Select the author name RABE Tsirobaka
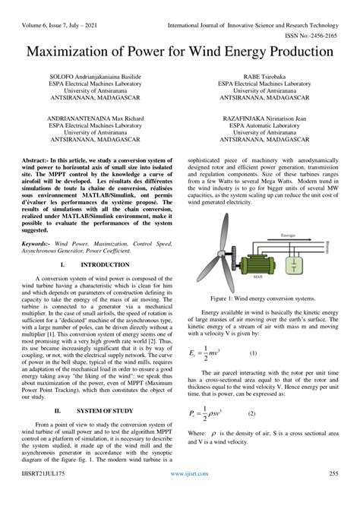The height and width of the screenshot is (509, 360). (x=262, y=77)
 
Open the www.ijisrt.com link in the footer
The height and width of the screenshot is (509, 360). (x=180, y=494)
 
